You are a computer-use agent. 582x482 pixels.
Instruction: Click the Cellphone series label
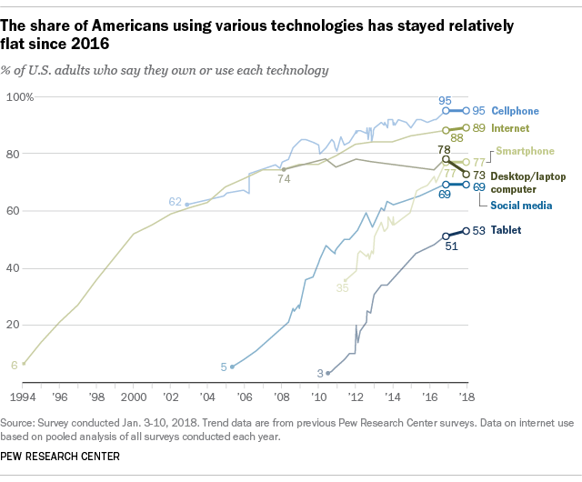(x=515, y=110)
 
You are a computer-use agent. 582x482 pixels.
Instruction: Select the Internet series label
(x=511, y=128)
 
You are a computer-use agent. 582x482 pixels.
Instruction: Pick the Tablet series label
(x=507, y=230)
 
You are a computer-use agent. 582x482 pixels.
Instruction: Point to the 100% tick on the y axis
(x=20, y=96)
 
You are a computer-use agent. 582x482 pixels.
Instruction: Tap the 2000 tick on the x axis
(x=134, y=397)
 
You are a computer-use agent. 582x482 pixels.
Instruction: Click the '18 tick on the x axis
(x=467, y=397)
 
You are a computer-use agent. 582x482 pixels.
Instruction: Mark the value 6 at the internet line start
(x=14, y=364)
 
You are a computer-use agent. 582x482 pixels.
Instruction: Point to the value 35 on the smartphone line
(x=343, y=287)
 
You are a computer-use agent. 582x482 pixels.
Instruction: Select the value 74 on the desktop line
(x=284, y=179)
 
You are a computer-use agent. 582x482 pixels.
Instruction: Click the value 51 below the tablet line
(x=451, y=247)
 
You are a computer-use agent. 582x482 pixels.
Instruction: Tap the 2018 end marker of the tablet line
(x=467, y=230)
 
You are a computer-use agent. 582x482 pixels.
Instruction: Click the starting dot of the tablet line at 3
(x=328, y=373)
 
